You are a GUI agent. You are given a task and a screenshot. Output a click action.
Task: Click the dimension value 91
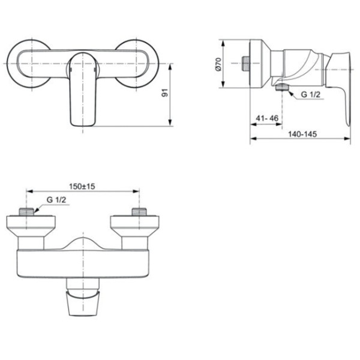(x=164, y=94)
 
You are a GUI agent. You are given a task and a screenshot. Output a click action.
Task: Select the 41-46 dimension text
(x=265, y=118)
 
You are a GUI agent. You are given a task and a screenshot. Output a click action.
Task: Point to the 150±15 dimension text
(x=83, y=186)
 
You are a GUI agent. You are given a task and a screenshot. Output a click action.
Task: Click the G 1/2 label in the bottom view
(x=58, y=200)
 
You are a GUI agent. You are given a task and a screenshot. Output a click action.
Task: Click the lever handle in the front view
(x=82, y=90)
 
